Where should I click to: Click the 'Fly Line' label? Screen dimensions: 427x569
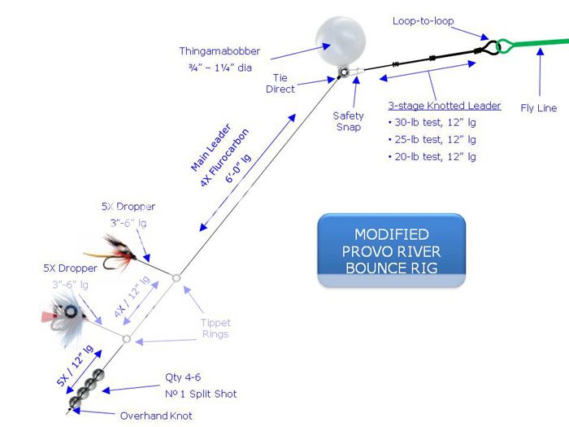tap(538, 107)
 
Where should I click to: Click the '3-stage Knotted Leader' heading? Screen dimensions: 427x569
tap(443, 106)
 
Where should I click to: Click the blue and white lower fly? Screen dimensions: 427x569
tap(60, 312)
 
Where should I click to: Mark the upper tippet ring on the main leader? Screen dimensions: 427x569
tap(176, 279)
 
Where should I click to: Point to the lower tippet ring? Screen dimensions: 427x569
tap(126, 338)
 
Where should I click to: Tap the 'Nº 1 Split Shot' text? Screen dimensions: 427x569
tap(202, 394)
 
